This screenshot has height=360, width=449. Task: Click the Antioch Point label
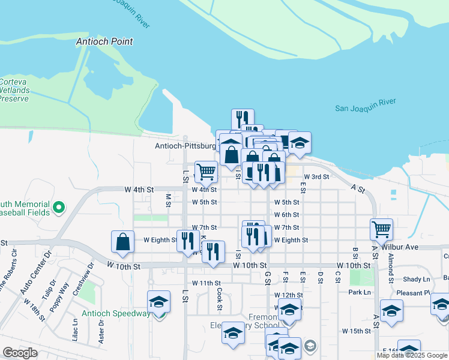[x=104, y=42]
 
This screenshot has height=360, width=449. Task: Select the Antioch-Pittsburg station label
[x=185, y=146]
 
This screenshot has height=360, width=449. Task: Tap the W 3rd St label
[x=316, y=177]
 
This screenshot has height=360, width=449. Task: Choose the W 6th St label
[x=286, y=215]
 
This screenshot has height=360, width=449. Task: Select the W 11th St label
[x=206, y=283]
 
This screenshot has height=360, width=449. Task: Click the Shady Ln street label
[x=417, y=279]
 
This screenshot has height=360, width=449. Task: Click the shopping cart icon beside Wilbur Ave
[x=382, y=228]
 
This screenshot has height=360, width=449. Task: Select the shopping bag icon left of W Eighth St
[x=122, y=241]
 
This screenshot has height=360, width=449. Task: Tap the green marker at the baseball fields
[x=58, y=208]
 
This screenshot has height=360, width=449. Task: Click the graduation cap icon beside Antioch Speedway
[x=158, y=301]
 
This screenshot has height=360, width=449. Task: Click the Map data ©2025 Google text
[x=412, y=355]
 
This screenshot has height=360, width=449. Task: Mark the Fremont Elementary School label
[x=256, y=322]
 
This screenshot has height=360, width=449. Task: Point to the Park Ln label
[x=360, y=292]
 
